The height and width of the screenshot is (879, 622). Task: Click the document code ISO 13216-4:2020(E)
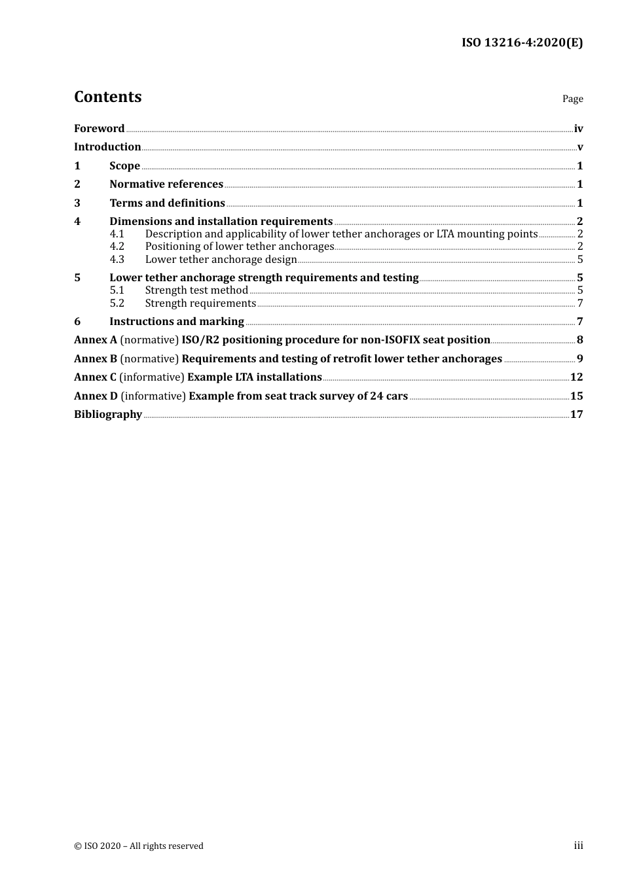tap(522, 43)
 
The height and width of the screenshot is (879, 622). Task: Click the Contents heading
tap(107, 97)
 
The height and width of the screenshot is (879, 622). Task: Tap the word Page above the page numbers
tap(572, 99)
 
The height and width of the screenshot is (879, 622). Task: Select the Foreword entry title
tap(99, 129)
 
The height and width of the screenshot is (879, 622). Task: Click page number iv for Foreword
tap(578, 129)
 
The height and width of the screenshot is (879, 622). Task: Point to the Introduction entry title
tap(107, 147)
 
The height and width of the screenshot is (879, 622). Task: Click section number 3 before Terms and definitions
tap(77, 203)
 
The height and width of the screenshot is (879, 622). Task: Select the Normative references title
tap(166, 184)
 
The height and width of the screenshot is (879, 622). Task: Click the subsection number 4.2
tap(117, 247)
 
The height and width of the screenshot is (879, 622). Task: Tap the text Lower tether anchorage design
tap(221, 260)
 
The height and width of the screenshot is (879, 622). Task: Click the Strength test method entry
tap(196, 290)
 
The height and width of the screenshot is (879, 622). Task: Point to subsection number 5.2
tap(117, 303)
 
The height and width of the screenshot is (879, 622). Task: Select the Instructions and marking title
tap(177, 322)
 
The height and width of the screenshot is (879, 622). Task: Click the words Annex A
tap(95, 340)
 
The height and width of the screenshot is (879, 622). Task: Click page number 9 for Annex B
tap(579, 359)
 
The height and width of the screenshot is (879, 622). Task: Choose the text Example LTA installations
tap(255, 377)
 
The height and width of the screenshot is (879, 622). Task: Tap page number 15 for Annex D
tap(576, 396)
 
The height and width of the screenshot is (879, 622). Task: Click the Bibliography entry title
tap(108, 415)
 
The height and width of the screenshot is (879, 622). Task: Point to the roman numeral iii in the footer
tap(578, 846)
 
